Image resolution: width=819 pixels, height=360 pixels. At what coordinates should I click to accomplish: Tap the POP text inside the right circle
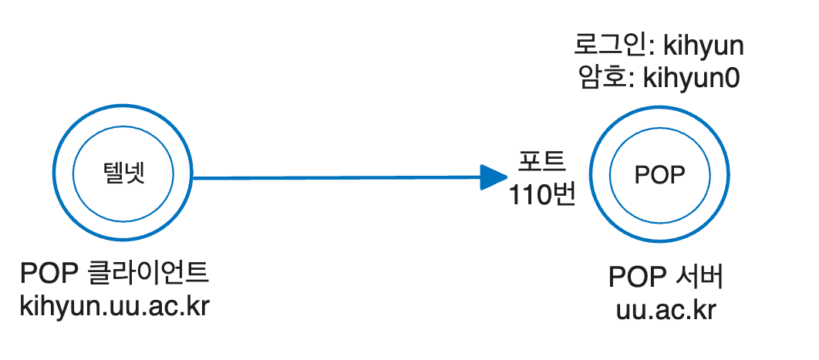coord(659,176)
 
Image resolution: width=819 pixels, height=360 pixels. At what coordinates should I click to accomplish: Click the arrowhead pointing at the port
coord(490,177)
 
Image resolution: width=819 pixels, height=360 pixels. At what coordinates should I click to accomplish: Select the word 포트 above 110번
coord(541,162)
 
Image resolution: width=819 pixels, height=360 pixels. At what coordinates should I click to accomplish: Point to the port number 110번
coord(541,193)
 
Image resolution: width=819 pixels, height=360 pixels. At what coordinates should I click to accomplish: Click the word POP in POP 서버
coord(635,277)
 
